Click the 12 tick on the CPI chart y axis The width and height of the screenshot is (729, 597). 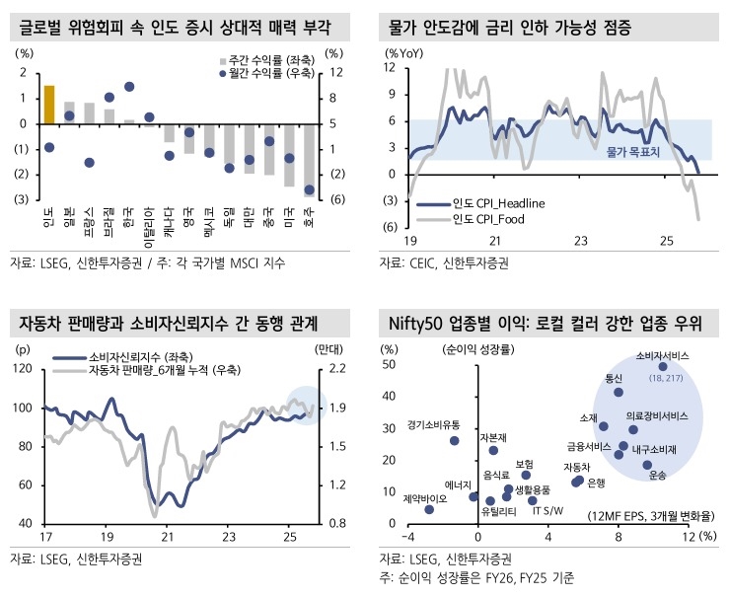point(391,68)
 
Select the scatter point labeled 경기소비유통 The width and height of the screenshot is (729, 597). point(455,440)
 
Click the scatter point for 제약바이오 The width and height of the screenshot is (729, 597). point(429,509)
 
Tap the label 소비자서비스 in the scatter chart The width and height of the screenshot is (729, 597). point(661,353)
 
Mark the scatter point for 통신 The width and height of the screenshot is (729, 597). point(619,392)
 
